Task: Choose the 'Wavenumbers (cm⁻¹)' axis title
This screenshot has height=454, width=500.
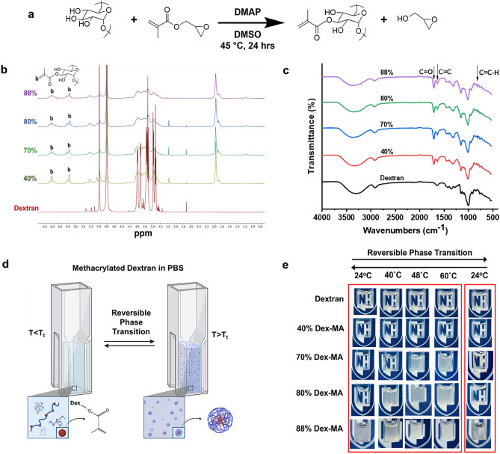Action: [406, 230]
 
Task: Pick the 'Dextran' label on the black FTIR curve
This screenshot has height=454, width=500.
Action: [398, 179]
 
